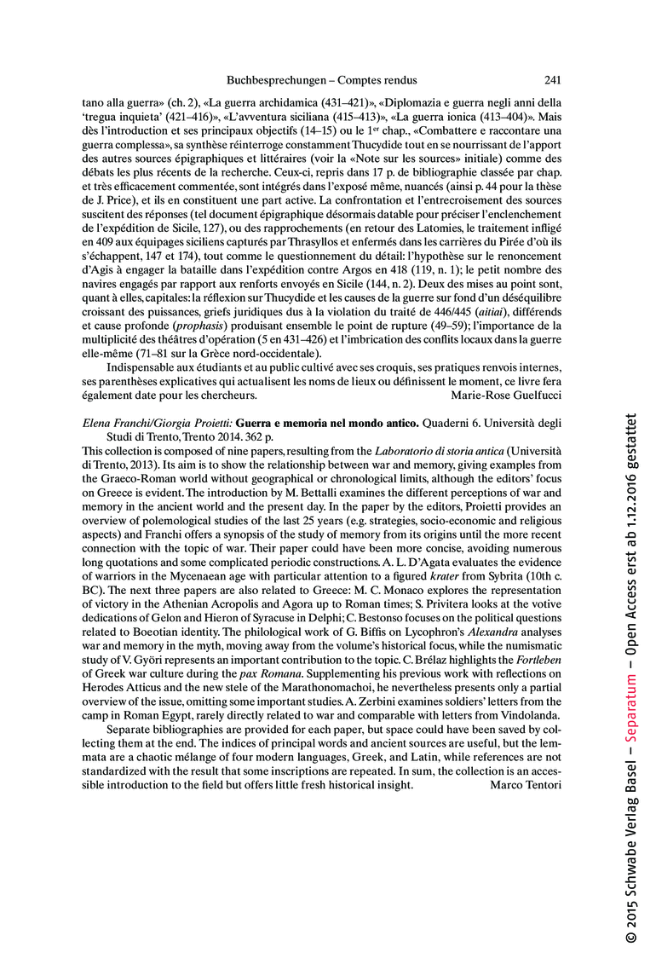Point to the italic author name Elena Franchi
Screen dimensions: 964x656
click(x=117, y=424)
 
